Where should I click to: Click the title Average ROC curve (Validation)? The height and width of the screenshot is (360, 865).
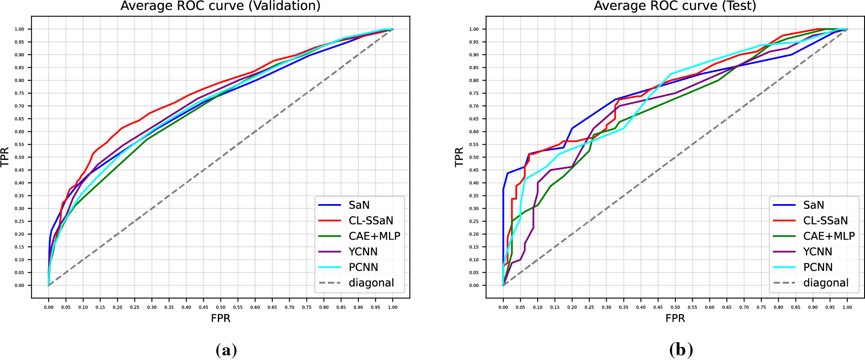pos(221,6)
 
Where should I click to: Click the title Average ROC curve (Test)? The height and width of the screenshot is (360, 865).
pos(675,6)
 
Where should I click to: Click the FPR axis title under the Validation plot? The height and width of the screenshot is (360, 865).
pos(221,318)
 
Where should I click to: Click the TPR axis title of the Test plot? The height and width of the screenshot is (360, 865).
pos(459,157)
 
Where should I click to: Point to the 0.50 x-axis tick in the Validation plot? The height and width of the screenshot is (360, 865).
pos(221,307)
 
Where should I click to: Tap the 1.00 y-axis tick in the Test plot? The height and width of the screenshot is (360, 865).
pos(474,29)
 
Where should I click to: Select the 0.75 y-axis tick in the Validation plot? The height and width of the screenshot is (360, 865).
pos(19,93)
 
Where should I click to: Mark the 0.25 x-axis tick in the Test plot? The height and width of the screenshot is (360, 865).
pos(589,307)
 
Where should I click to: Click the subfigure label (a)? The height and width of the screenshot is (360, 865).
pos(226,350)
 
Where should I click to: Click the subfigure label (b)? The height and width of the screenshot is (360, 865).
pos(681,350)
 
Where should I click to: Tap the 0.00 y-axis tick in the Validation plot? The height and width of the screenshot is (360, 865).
pos(19,285)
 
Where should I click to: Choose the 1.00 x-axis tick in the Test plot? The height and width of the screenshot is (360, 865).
pos(847,307)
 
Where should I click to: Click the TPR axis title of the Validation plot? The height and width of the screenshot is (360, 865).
pos(5,157)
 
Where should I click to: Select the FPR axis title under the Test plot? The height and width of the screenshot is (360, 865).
pos(675,318)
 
